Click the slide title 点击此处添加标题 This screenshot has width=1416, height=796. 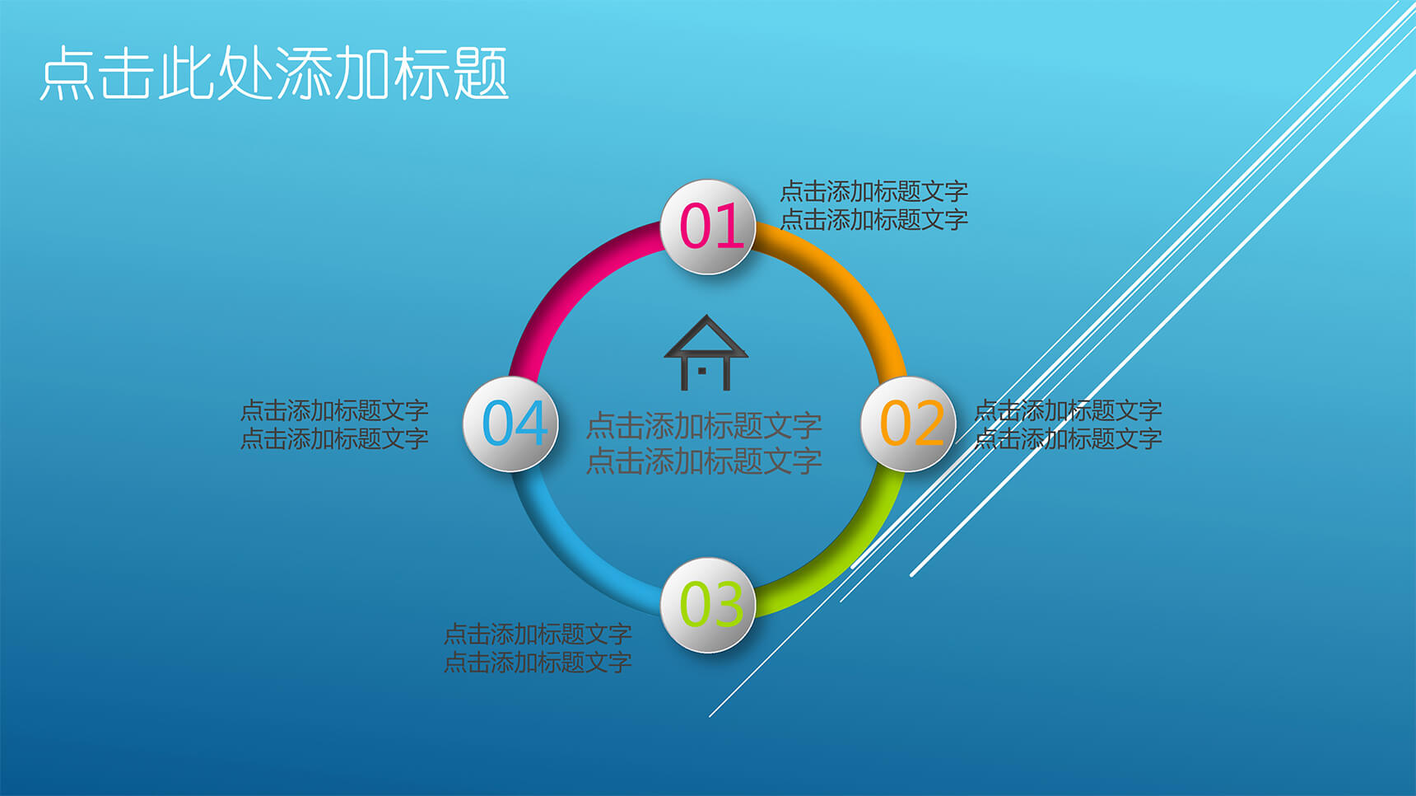(274, 73)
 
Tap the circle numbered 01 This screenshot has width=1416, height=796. (708, 227)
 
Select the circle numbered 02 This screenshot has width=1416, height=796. (908, 424)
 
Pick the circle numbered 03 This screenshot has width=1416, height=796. (708, 605)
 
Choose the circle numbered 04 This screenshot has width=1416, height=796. (510, 424)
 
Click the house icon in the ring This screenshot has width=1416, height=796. (706, 353)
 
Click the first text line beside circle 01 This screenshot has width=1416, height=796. (873, 191)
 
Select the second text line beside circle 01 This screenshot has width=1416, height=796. (873, 219)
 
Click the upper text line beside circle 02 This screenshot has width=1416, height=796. (1068, 410)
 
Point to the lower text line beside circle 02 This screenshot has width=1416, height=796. (1068, 438)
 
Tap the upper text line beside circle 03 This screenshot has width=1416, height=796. (538, 634)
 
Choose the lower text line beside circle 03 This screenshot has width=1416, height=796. (538, 662)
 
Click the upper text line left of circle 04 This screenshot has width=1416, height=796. (334, 410)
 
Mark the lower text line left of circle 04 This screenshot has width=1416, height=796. (334, 438)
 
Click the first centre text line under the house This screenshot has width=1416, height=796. (704, 426)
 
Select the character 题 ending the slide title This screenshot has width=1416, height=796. (481, 73)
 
